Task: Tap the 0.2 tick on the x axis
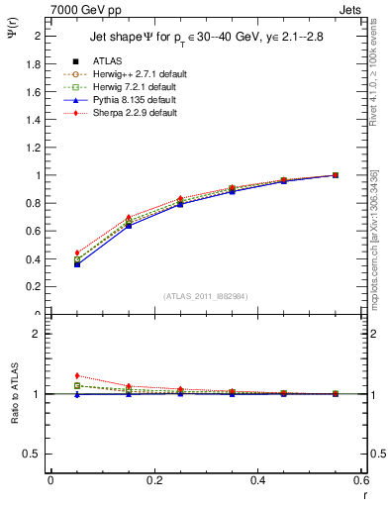(x=154, y=480)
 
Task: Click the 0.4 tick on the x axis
(x=258, y=480)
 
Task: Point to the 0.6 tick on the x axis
(x=362, y=480)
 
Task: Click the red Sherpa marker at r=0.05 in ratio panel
(x=77, y=375)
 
